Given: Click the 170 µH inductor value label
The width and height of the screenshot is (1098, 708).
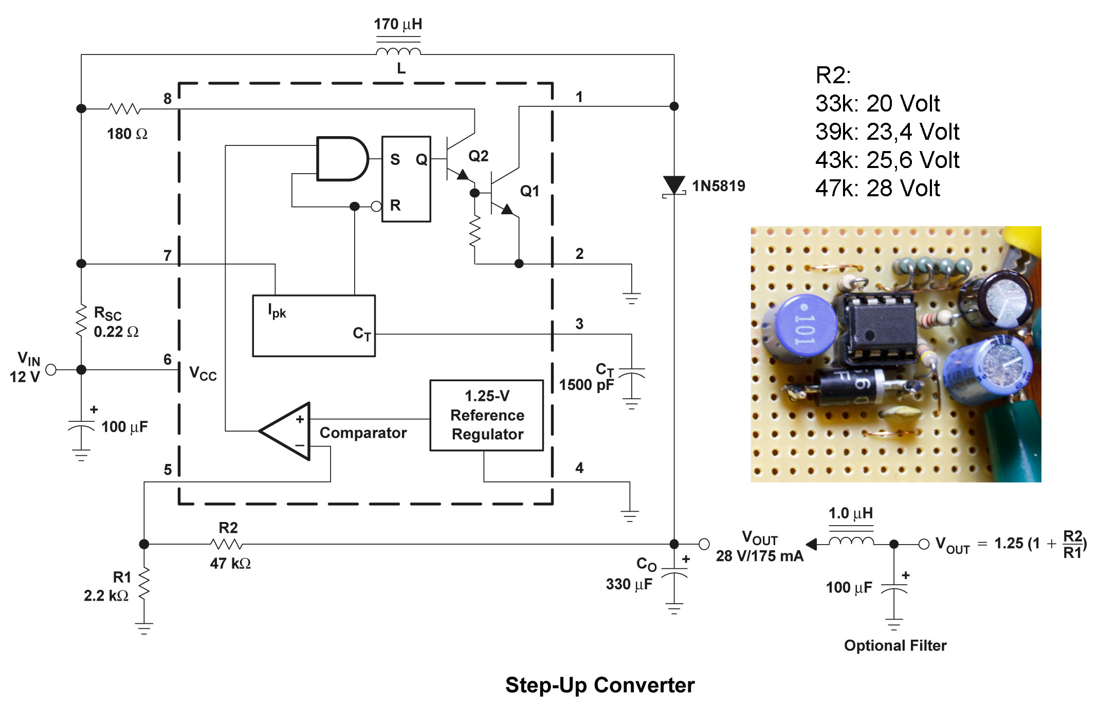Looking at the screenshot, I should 398,24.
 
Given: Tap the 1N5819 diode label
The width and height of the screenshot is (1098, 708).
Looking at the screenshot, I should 718,186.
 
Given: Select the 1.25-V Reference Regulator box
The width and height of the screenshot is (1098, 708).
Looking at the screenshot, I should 487,415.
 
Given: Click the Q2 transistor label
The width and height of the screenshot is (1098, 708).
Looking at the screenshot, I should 478,156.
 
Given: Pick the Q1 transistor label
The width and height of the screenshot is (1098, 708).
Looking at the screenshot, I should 529,191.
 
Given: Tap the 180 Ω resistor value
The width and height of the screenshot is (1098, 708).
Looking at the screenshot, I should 127,134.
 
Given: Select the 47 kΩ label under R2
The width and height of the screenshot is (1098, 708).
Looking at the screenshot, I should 230,564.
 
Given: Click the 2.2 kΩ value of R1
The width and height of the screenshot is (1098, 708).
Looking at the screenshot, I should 106,596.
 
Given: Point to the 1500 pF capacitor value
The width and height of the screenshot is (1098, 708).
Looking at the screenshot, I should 586,385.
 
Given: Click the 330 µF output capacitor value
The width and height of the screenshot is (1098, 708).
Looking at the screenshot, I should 629,584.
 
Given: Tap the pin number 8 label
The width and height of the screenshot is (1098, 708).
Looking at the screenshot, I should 168,99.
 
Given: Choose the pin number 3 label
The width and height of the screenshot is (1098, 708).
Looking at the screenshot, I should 579,324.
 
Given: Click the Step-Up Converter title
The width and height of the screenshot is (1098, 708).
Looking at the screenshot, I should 599,685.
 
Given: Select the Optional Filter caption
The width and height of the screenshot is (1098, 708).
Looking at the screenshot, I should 895,645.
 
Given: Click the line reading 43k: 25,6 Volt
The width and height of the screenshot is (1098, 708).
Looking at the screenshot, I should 887,160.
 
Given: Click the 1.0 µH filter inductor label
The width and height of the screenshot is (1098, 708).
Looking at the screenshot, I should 850,513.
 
